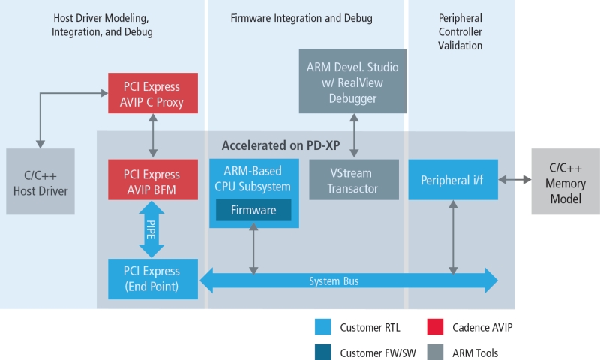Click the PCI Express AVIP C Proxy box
point(153,93)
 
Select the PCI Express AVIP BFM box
point(153,180)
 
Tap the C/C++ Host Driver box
point(40,181)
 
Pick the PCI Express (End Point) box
point(153,279)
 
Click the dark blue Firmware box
point(253,210)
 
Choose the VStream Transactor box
point(354,180)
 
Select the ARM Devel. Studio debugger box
point(352,81)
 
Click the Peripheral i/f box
point(453,180)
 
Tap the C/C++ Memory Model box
point(565,181)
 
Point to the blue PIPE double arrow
point(151,229)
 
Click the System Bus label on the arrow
point(334,281)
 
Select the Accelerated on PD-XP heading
point(280,145)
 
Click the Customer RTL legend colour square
point(323,327)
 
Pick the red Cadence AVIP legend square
point(436,327)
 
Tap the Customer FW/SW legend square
point(323,352)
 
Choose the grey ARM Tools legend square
point(436,352)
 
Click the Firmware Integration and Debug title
point(301,18)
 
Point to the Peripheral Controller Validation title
point(460,31)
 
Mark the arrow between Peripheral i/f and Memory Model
point(514,179)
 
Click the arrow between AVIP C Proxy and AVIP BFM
point(153,136)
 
